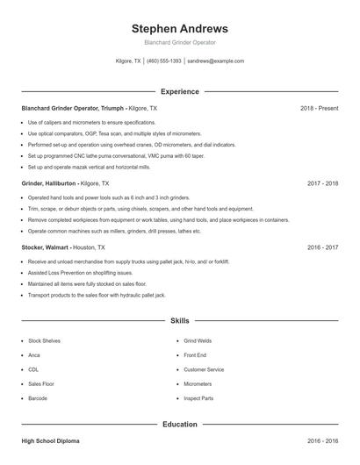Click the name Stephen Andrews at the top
pyautogui.click(x=179, y=28)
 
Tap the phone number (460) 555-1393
pyautogui.click(x=163, y=61)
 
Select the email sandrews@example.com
pyautogui.click(x=215, y=61)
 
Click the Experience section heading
pyautogui.click(x=179, y=91)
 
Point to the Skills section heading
pyautogui.click(x=179, y=321)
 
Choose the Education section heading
pyautogui.click(x=179, y=424)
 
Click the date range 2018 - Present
pyautogui.click(x=319, y=108)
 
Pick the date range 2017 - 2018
pyautogui.click(x=323, y=183)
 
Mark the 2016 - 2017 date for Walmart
pyautogui.click(x=323, y=247)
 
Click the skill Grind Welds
pyautogui.click(x=198, y=340)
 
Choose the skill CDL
pyautogui.click(x=33, y=369)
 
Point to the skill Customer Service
pyautogui.click(x=204, y=369)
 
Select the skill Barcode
pyautogui.click(x=38, y=398)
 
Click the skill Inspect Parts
pyautogui.click(x=198, y=398)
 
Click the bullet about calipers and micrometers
pyautogui.click(x=91, y=122)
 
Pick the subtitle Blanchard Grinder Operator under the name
pyautogui.click(x=179, y=42)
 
